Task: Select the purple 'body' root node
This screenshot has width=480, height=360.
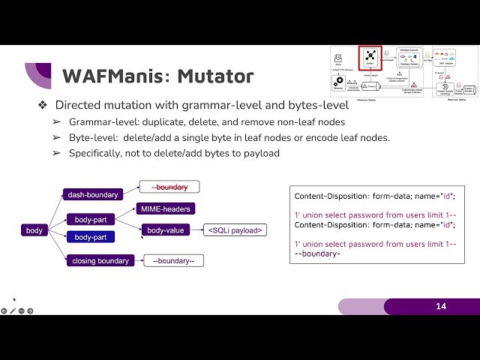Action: pyautogui.click(x=34, y=230)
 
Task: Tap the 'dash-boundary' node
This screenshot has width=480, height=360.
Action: pyautogui.click(x=93, y=195)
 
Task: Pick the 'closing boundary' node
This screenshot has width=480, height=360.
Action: pyautogui.click(x=101, y=261)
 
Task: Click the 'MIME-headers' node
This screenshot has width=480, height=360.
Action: pyautogui.click(x=164, y=208)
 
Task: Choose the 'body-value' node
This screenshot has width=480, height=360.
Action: pyautogui.click(x=166, y=230)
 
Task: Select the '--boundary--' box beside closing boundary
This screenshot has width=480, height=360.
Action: pyautogui.click(x=174, y=261)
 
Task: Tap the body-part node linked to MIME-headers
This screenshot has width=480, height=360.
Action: pyautogui.click(x=91, y=220)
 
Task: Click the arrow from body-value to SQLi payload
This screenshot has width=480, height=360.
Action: pyautogui.click(x=197, y=230)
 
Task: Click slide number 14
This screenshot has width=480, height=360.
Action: pyautogui.click(x=440, y=307)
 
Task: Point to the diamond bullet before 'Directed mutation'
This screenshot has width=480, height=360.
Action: pyautogui.click(x=43, y=105)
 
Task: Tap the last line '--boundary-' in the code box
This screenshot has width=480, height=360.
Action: pyautogui.click(x=318, y=253)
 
